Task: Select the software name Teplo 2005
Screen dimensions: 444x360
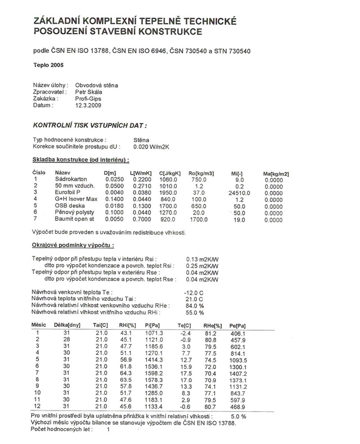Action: click(x=49, y=64)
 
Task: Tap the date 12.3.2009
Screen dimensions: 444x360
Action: click(x=88, y=105)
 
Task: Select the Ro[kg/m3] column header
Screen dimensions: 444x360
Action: click(x=201, y=173)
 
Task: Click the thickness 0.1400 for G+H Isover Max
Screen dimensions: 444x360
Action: click(x=113, y=199)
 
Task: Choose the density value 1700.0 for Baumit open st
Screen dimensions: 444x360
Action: click(x=198, y=220)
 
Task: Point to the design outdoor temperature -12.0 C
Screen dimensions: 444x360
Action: click(x=194, y=292)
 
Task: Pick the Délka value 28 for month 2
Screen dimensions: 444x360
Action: click(x=66, y=339)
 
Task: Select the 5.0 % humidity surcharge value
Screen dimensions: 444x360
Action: click(x=238, y=416)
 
